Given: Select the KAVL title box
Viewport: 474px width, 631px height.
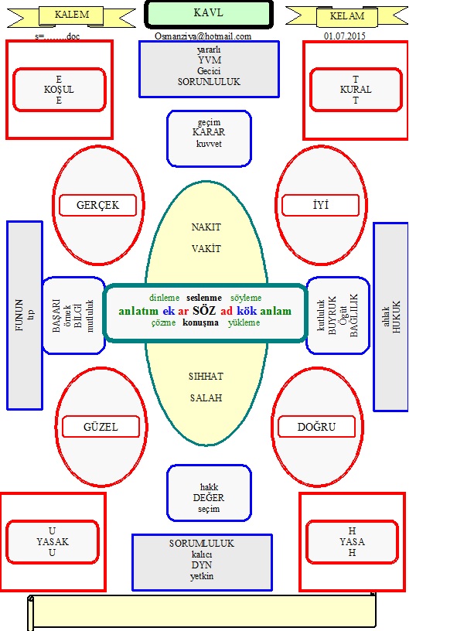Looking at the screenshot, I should tap(209, 13).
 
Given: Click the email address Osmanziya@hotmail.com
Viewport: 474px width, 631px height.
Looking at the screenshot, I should tap(203, 36).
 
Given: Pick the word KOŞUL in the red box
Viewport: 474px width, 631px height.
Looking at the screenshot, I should tap(59, 90).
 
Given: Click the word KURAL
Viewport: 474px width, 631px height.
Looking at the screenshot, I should tap(356, 90).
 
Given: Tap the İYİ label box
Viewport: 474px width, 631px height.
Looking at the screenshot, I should tap(321, 205).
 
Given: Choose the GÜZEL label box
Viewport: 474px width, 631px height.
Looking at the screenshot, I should tap(101, 427).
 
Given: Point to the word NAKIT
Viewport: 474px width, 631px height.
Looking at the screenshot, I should tap(206, 227).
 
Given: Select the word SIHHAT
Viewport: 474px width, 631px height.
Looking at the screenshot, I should tap(206, 376).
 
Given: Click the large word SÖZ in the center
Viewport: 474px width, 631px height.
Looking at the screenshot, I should tap(205, 311).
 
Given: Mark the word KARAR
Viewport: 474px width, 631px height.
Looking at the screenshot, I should tap(208, 132).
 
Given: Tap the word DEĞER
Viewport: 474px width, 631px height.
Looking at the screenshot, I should tap(209, 498).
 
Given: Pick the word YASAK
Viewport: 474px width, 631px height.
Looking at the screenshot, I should tap(53, 542).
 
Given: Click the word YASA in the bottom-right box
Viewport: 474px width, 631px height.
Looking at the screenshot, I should tap(353, 542).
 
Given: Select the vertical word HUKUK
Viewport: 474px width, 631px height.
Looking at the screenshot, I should tap(397, 317).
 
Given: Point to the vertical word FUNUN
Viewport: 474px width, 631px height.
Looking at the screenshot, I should tap(20, 314).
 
